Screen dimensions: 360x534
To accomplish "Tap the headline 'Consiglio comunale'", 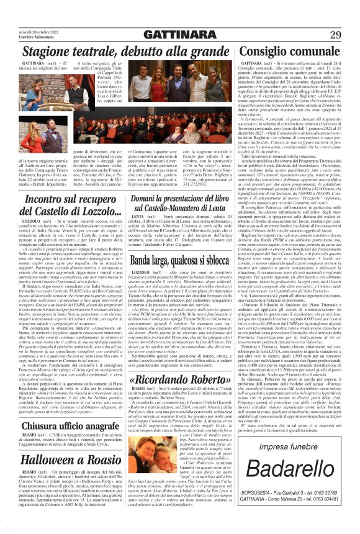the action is pos(288,52).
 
